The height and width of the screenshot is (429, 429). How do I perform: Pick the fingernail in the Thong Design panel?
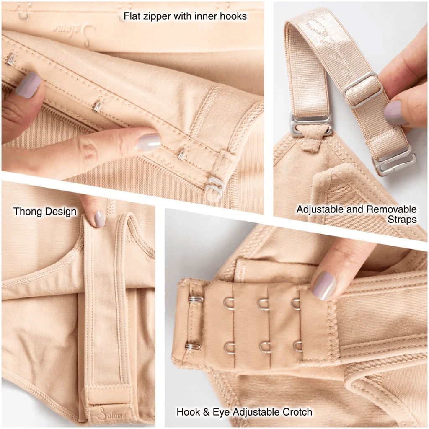[x=99, y=219]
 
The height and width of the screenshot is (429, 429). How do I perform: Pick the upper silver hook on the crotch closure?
[x=195, y=299]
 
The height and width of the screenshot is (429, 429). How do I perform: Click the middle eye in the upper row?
[x=263, y=304]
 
